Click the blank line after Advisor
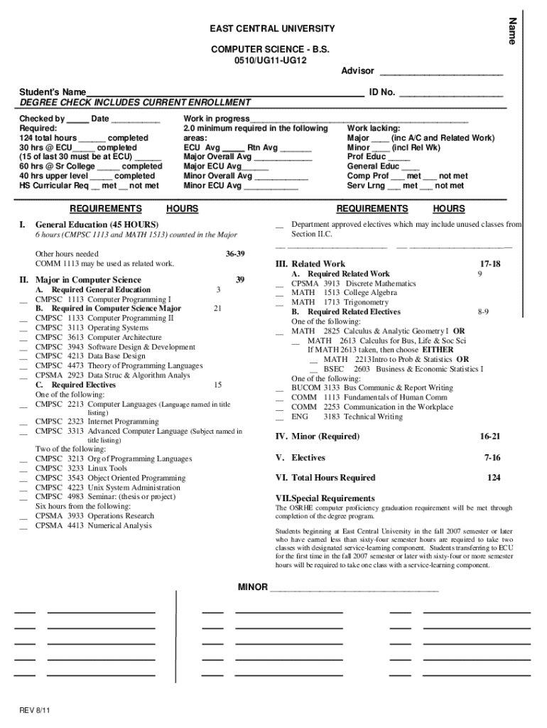click(441, 72)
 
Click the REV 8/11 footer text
click(35, 710)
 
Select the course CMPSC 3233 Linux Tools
click(81, 469)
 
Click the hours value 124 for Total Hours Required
click(493, 478)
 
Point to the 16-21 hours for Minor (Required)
click(490, 437)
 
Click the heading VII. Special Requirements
click(325, 498)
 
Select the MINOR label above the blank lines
click(252, 587)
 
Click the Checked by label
click(42, 119)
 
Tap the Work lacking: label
click(374, 128)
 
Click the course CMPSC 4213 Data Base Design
click(90, 356)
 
